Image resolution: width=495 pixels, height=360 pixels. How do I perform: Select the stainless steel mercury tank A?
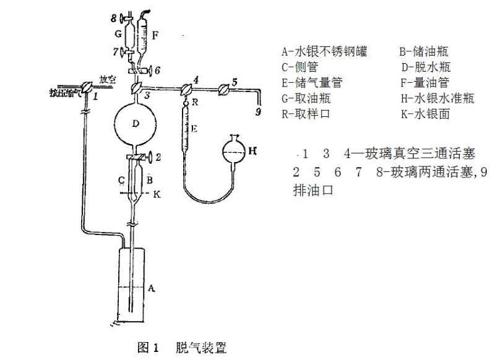point(132,285)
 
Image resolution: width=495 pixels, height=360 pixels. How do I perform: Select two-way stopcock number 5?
point(224,89)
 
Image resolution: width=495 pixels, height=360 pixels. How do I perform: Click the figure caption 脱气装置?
point(201,347)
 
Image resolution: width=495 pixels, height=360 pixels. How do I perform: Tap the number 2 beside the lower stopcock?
point(158,157)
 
